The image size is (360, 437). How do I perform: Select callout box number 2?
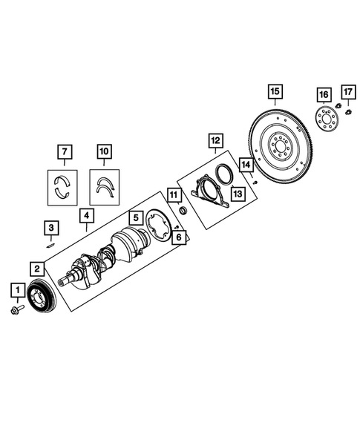[x=36, y=268]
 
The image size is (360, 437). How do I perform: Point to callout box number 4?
[x=88, y=216]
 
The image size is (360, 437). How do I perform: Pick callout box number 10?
[x=104, y=154]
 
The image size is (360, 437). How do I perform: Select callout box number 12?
[x=215, y=140]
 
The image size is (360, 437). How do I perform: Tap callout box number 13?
[x=237, y=194]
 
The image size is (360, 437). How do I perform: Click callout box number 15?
[x=275, y=92]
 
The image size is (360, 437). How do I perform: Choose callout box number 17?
[x=347, y=93]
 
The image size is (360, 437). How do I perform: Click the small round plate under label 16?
[x=324, y=119]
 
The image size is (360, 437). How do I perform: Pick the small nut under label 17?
[x=346, y=112]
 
